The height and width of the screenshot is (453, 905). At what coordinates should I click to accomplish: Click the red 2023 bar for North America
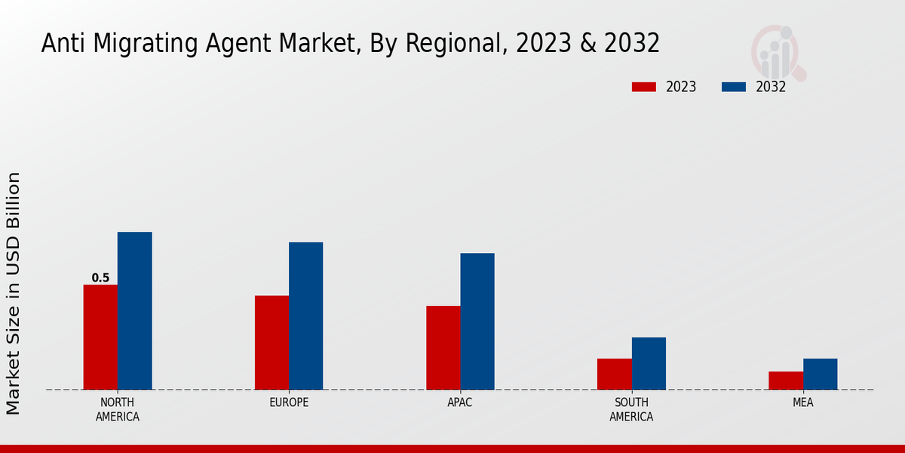tap(100, 337)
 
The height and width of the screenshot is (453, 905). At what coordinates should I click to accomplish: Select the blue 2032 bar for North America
tap(134, 310)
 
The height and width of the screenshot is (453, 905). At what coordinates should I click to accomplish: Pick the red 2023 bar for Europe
tap(271, 342)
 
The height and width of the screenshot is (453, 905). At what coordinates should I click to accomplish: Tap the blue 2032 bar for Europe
tap(305, 316)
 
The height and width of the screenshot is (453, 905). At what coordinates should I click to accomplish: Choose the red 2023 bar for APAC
tap(443, 347)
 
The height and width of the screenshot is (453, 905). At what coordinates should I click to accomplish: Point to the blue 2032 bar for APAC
tap(477, 321)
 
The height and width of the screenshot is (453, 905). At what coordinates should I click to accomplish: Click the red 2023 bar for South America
tap(614, 374)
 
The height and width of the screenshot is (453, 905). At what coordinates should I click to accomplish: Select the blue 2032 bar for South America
tap(649, 363)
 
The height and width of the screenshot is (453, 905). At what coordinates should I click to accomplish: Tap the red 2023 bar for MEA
tap(786, 381)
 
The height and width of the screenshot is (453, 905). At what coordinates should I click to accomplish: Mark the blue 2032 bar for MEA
tap(820, 374)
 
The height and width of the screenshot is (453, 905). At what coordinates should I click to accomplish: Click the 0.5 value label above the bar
tap(100, 278)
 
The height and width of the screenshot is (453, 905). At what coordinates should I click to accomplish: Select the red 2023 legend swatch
tap(644, 87)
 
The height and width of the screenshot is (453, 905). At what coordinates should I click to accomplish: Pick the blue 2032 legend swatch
tap(733, 87)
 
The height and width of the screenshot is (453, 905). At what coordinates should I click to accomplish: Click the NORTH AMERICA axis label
tap(117, 409)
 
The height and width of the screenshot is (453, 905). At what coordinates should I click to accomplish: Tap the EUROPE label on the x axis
tap(289, 402)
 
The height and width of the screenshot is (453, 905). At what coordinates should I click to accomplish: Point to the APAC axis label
tap(459, 402)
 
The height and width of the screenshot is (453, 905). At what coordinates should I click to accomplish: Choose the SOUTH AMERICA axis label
tap(631, 409)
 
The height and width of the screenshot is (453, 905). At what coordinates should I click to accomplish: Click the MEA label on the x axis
tap(802, 402)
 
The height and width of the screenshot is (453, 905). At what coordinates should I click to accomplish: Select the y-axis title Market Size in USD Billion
tap(14, 293)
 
